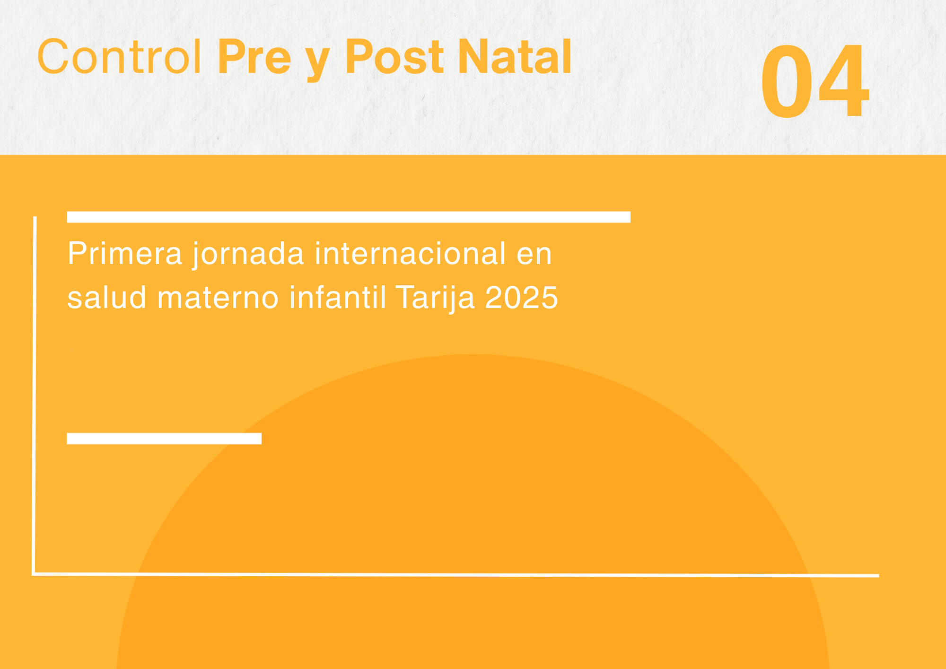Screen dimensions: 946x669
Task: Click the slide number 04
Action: pos(815,81)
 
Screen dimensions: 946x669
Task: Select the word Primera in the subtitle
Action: pos(125,254)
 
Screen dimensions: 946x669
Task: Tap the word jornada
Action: pos(248,255)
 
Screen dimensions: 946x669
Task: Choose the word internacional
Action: pos(410,254)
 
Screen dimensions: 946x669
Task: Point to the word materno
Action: pos(218,298)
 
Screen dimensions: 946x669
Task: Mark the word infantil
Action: pos(338,297)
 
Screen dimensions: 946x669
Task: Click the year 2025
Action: pos(522,298)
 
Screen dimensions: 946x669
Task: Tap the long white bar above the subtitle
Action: pos(349,217)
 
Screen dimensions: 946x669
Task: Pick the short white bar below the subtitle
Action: pos(164,439)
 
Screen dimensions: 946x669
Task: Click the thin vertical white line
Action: pos(34,396)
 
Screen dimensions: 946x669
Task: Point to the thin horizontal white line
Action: pos(455,575)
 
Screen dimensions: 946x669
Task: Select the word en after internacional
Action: pos(534,256)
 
